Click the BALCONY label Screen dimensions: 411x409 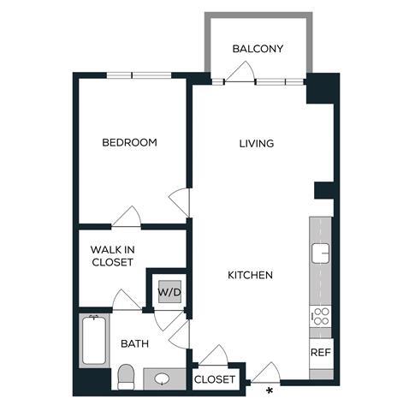(258, 49)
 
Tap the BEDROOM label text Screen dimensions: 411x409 (129, 142)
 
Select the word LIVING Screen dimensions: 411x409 (256, 143)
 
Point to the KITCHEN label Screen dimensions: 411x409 (250, 275)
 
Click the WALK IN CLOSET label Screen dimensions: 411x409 (113, 256)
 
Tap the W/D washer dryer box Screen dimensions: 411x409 (168, 292)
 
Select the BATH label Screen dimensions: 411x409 (134, 343)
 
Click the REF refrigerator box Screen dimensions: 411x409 (320, 352)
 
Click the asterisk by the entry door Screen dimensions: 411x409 (270, 391)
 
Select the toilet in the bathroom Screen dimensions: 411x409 (127, 375)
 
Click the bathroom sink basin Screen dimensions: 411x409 (163, 378)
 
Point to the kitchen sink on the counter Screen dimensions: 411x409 (321, 253)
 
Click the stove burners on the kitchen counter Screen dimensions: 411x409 (320, 316)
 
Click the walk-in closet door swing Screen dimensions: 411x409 (127, 299)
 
